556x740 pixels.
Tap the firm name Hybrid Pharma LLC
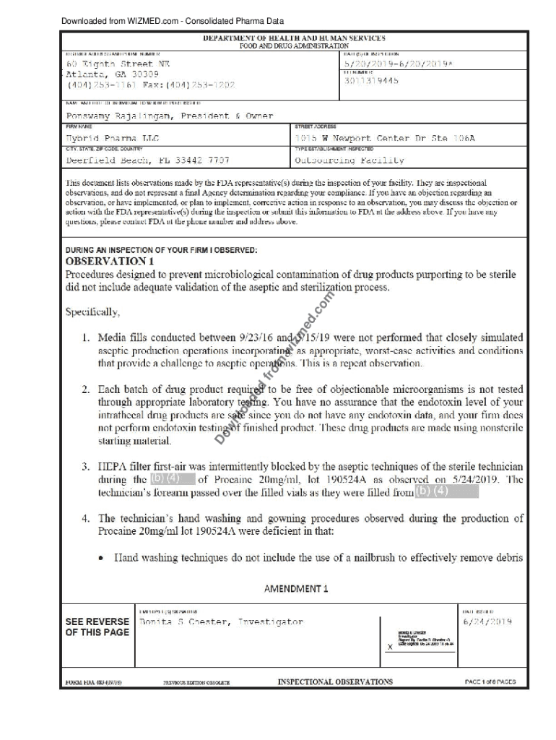click(113, 138)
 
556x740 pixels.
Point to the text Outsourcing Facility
click(349, 160)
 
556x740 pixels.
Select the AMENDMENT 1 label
click(296, 588)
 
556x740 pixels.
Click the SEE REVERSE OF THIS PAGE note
click(97, 627)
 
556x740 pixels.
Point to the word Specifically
click(92, 312)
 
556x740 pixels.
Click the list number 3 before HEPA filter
click(85, 466)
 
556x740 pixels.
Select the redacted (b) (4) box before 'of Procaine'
click(172, 478)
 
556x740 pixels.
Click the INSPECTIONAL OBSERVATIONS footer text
click(335, 681)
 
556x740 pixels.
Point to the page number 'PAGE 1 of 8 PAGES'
click(490, 681)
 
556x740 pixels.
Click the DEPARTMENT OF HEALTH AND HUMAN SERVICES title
click(293, 38)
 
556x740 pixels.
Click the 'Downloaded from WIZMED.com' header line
click(172, 21)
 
